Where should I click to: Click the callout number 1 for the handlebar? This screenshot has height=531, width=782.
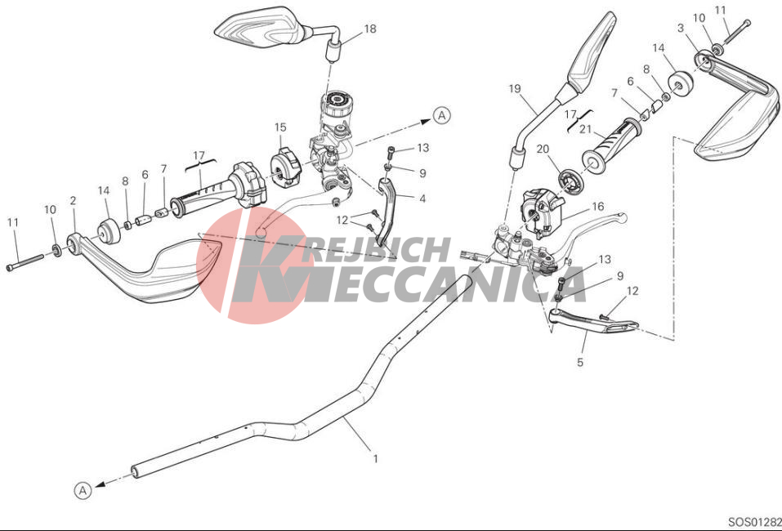(x=376, y=458)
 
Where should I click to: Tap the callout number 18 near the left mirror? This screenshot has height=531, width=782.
(x=370, y=29)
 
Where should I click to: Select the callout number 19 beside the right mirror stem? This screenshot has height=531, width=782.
(x=515, y=89)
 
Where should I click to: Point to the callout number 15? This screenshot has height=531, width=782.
(x=280, y=127)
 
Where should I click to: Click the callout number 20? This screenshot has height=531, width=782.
(x=543, y=149)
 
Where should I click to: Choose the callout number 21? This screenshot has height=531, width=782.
(x=585, y=130)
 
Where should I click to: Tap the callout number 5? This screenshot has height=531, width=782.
(x=580, y=362)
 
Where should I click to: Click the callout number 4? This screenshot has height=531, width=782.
(x=422, y=199)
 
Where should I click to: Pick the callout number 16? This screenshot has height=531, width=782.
(x=597, y=207)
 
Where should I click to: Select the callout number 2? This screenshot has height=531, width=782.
(x=74, y=201)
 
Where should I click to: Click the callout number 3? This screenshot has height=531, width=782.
(x=681, y=28)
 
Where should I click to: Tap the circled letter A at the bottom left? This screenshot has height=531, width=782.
(x=83, y=491)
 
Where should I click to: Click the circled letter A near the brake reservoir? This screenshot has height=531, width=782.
(x=441, y=116)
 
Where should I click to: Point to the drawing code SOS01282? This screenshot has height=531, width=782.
(x=755, y=522)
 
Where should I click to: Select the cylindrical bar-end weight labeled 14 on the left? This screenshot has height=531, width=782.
(x=108, y=232)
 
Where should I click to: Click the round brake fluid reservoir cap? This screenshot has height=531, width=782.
(x=336, y=99)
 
